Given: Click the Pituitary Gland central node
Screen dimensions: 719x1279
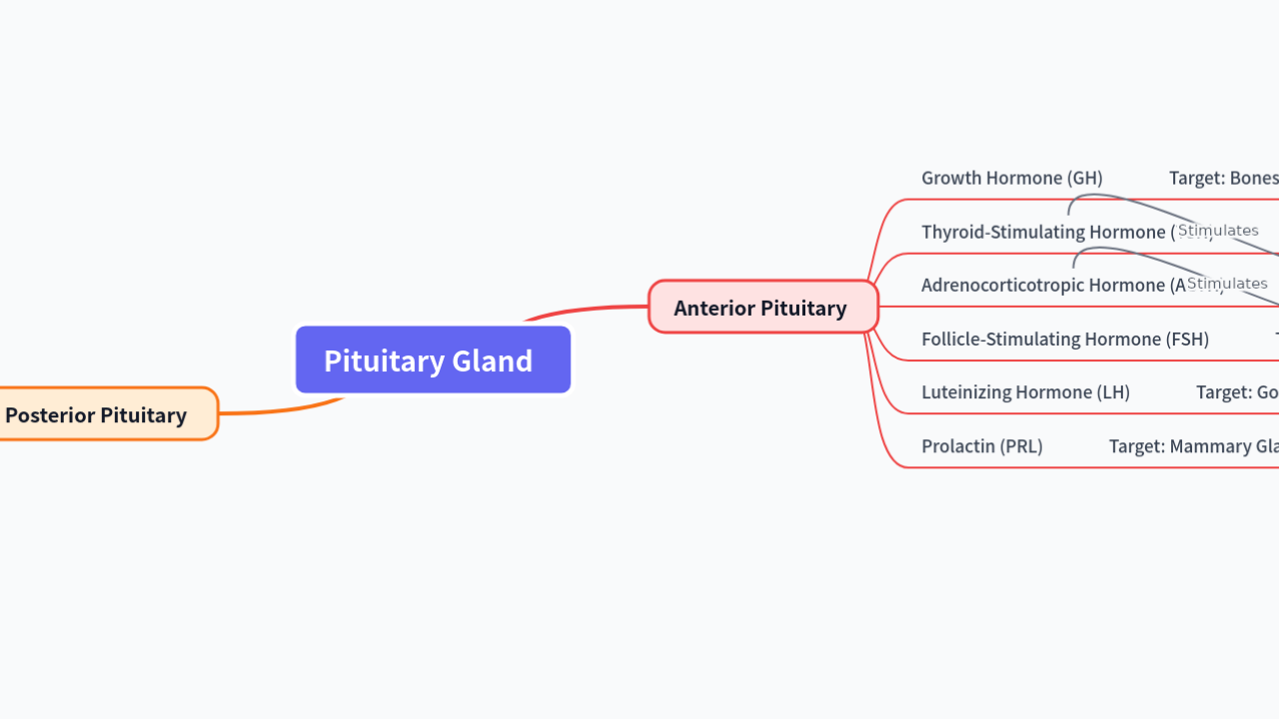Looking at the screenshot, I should pos(433,359).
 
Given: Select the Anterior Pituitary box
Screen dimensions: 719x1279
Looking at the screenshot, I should pos(762,307).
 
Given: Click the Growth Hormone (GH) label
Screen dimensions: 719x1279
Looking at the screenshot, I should pos(1011,178).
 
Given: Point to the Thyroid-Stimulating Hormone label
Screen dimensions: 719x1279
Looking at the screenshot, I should pos(1044,232).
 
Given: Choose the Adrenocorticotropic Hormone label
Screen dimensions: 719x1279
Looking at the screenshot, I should pos(1044,285).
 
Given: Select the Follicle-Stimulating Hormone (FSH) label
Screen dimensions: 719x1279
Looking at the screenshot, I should pos(1064,339).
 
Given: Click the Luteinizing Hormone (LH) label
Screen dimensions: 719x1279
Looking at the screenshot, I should pos(1025,391).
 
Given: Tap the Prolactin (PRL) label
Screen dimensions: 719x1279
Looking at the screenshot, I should pos(981,445).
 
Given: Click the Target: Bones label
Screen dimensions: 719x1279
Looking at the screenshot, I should pos(1223,178).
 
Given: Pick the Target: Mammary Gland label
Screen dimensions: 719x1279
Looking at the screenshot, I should pos(1193,445).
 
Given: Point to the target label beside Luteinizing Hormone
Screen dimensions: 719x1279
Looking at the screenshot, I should pos(1237,391).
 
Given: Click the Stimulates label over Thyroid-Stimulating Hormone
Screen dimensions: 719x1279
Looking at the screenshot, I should pos(1218,231).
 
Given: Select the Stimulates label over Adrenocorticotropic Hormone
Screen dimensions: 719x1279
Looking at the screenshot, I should pos(1227,284).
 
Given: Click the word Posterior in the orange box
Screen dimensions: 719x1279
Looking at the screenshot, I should pos(49,414).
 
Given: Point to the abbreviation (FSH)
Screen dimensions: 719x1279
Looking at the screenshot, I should pos(1187,339).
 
